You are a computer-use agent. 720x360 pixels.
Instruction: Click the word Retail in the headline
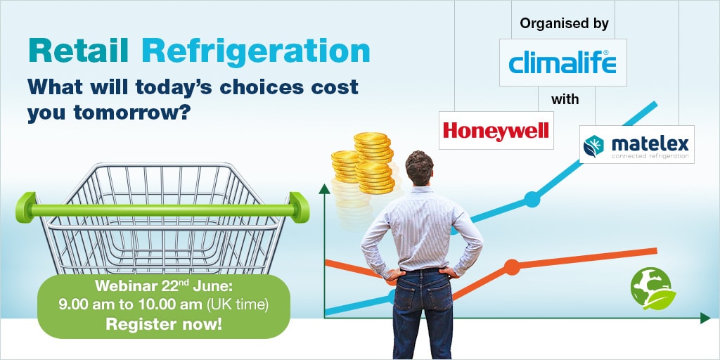tap(79, 51)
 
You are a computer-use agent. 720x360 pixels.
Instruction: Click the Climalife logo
tap(562, 63)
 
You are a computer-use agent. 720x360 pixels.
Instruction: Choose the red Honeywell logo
tap(496, 130)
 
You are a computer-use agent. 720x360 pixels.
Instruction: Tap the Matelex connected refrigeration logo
tap(636, 145)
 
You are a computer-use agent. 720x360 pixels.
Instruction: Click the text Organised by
tap(565, 23)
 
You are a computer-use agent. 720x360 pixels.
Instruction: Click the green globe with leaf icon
tap(652, 288)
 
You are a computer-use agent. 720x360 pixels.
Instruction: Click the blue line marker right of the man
tap(532, 200)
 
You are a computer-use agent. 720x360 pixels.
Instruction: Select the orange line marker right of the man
tap(512, 266)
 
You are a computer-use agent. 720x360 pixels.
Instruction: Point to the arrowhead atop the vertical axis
tap(325, 188)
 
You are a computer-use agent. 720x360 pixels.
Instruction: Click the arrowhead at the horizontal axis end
tap(705, 318)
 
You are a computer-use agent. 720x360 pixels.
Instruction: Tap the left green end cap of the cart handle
tap(25, 207)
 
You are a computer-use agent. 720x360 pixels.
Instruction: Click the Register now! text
tap(164, 325)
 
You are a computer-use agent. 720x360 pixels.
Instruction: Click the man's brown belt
tap(423, 269)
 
